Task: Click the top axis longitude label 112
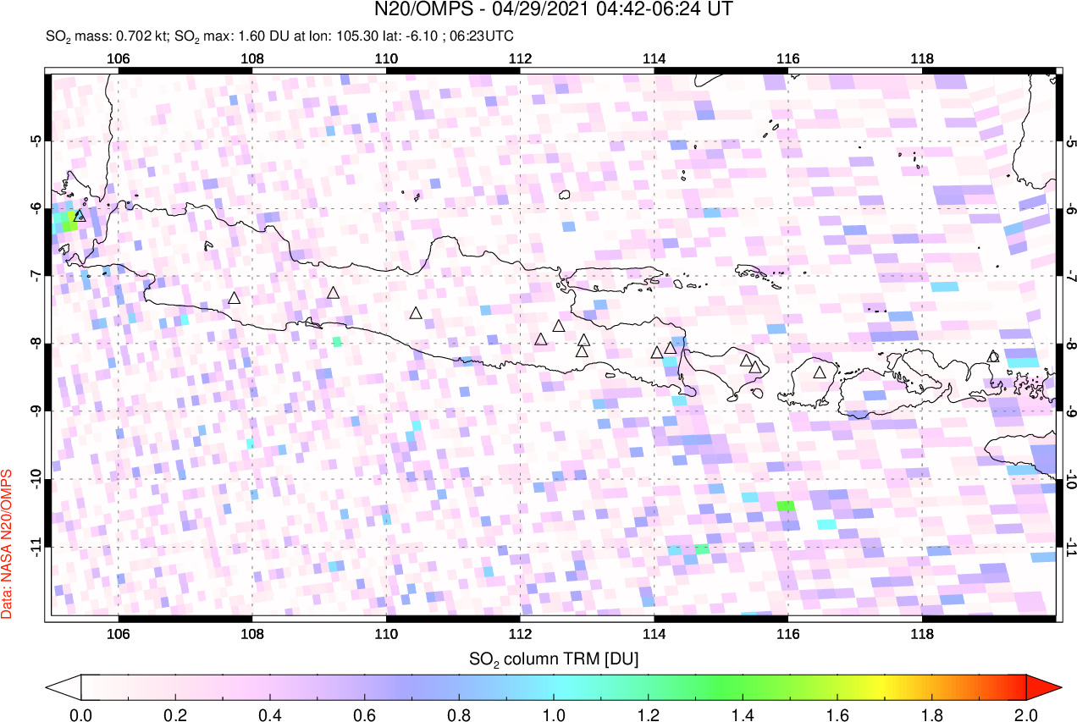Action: click(x=520, y=58)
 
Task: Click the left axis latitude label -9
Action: click(x=36, y=411)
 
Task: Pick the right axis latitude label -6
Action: click(x=1069, y=208)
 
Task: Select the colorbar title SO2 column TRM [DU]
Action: click(x=554, y=658)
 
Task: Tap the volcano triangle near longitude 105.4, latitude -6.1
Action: click(x=80, y=216)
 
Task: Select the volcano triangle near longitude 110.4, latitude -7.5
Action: click(x=416, y=313)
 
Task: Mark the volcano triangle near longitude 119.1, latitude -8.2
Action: click(x=993, y=356)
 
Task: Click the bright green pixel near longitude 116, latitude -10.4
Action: click(x=786, y=505)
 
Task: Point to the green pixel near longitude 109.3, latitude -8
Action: click(x=337, y=342)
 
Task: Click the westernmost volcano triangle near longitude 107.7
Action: click(x=235, y=298)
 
